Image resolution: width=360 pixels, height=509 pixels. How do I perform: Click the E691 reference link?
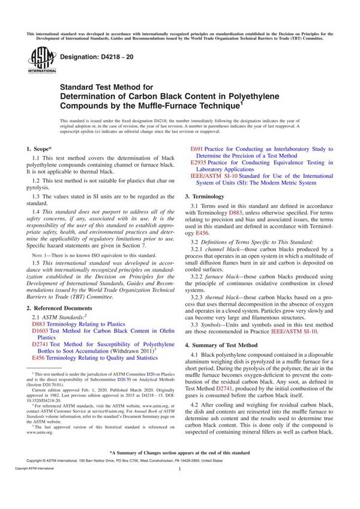pyautogui.click(x=197, y=147)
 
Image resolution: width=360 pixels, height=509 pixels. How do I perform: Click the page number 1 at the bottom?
pyautogui.click(x=179, y=487)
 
